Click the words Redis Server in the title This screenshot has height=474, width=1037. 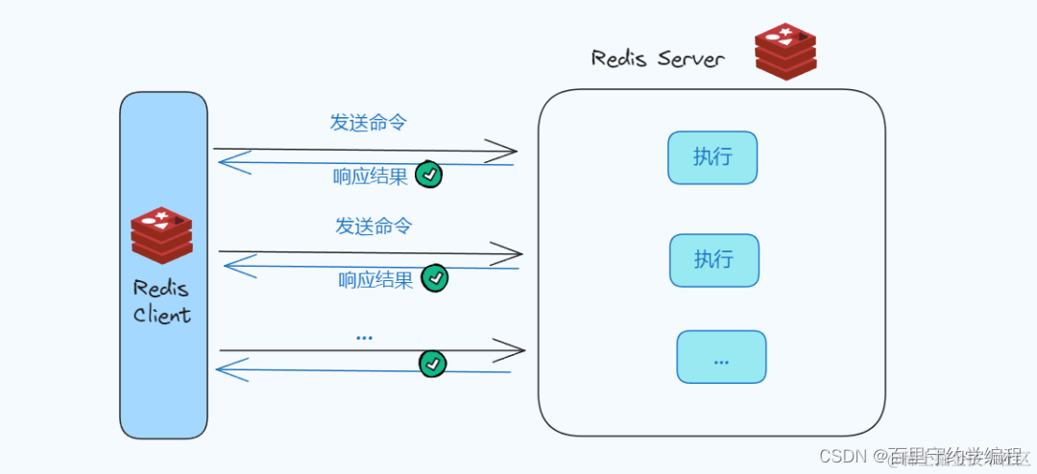point(658,59)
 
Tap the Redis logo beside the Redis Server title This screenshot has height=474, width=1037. point(784,52)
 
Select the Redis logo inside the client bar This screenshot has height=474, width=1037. point(162,235)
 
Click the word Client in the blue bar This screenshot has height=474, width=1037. point(162,315)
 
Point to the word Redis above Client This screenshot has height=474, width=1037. point(161,288)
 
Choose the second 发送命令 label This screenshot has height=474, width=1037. point(374,226)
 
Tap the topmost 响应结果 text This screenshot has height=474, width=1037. point(371,177)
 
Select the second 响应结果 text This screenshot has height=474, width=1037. point(375,280)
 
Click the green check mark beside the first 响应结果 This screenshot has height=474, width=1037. point(429,176)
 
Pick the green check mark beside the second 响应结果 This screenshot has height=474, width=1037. point(435,278)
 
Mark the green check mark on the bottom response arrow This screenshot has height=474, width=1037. point(433,364)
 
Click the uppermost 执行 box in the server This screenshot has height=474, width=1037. point(712,157)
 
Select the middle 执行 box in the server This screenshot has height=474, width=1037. point(713,260)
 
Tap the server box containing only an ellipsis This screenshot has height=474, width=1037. point(721,357)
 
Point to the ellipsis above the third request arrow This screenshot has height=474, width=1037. point(364,337)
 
